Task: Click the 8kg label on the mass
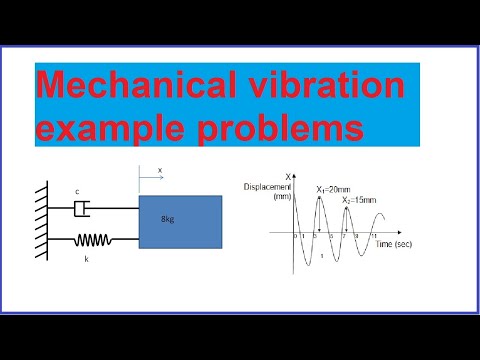click(167, 218)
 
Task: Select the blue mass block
click(180, 223)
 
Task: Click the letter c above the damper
click(78, 192)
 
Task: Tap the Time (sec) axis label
click(397, 243)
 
